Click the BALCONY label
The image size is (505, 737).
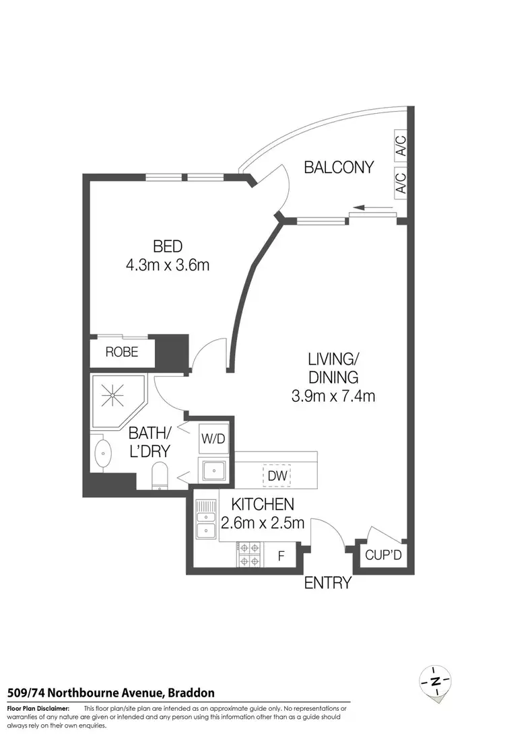click(338, 167)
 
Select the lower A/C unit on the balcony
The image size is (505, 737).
click(400, 182)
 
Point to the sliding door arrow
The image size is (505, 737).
click(364, 208)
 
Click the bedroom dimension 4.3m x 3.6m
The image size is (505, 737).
click(168, 265)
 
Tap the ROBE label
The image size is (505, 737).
click(122, 351)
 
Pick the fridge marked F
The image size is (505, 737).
click(281, 557)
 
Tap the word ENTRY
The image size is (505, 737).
click(328, 583)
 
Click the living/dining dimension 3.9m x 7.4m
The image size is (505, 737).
click(333, 396)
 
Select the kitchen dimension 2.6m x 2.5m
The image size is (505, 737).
click(263, 522)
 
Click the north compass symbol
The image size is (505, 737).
click(435, 682)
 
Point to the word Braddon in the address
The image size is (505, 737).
click(191, 692)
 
